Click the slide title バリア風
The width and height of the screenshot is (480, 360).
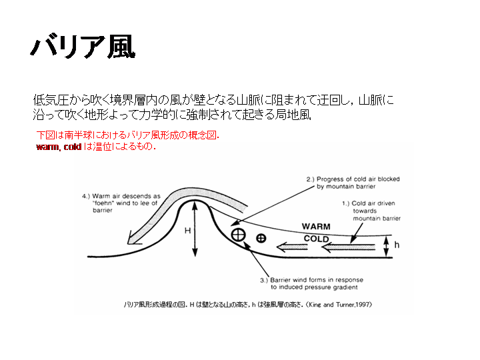pyautogui.click(x=83, y=47)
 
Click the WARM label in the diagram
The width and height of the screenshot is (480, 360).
pyautogui.click(x=316, y=227)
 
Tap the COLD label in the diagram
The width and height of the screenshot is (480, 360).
pyautogui.click(x=316, y=239)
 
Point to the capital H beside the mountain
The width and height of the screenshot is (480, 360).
pyautogui.click(x=187, y=231)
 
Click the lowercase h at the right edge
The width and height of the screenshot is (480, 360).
pyautogui.click(x=397, y=245)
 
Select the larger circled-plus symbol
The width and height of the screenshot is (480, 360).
pyautogui.click(x=238, y=235)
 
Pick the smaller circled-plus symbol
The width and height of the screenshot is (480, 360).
pyautogui.click(x=261, y=238)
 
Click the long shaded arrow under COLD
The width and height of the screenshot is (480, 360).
pyautogui.click(x=349, y=247)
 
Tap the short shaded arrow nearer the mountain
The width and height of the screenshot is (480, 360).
pyautogui.click(x=292, y=247)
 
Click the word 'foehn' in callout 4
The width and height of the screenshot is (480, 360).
pyautogui.click(x=104, y=203)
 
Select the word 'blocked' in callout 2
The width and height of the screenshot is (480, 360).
pyautogui.click(x=389, y=179)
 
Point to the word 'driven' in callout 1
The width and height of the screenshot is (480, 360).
pyautogui.click(x=386, y=203)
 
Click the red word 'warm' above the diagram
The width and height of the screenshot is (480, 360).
pyautogui.click(x=47, y=147)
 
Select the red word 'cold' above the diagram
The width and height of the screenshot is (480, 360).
pyautogui.click(x=72, y=147)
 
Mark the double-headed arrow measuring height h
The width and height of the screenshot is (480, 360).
pyautogui.click(x=386, y=247)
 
